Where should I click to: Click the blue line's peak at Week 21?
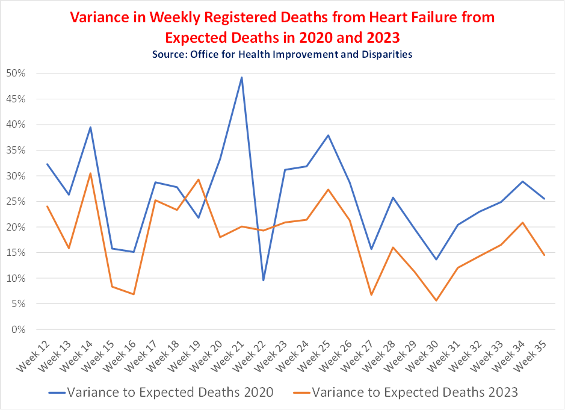click(241, 77)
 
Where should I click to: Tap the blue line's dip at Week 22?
click(263, 280)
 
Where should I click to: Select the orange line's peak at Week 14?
click(90, 173)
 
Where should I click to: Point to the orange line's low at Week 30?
click(436, 300)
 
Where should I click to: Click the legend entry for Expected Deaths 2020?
click(170, 392)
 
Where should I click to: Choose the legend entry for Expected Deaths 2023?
click(415, 392)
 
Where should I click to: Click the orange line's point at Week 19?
click(198, 179)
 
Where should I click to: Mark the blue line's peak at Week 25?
click(328, 135)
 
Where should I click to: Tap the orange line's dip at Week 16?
click(133, 294)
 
